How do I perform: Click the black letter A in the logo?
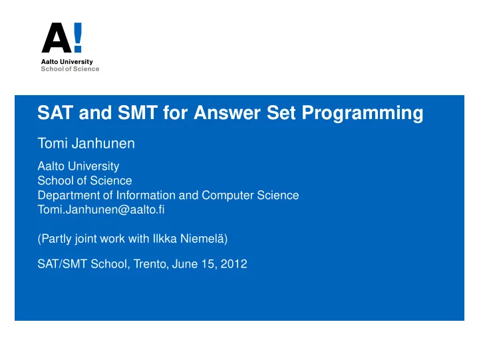[57, 37]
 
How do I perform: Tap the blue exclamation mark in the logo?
[78, 37]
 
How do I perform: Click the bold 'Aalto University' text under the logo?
[67, 62]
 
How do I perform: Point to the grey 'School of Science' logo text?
[70, 69]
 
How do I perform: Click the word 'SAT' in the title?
[55, 112]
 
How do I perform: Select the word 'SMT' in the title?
[138, 112]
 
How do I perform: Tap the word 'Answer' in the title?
[228, 112]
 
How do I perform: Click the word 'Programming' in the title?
[363, 113]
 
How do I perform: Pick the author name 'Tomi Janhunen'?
[86, 143]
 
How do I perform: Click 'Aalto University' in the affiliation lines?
[79, 166]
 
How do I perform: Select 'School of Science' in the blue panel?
[84, 180]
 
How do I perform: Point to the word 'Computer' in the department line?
[228, 196]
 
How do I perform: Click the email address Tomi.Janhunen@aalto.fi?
[101, 210]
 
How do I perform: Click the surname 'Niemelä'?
[202, 239]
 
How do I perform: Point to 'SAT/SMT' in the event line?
[63, 264]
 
